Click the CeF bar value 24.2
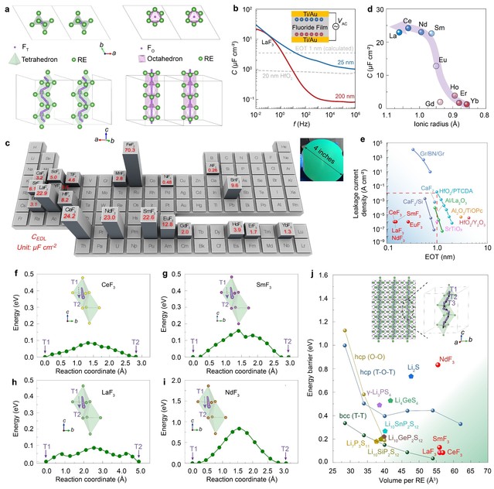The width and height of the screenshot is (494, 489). [71, 191]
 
